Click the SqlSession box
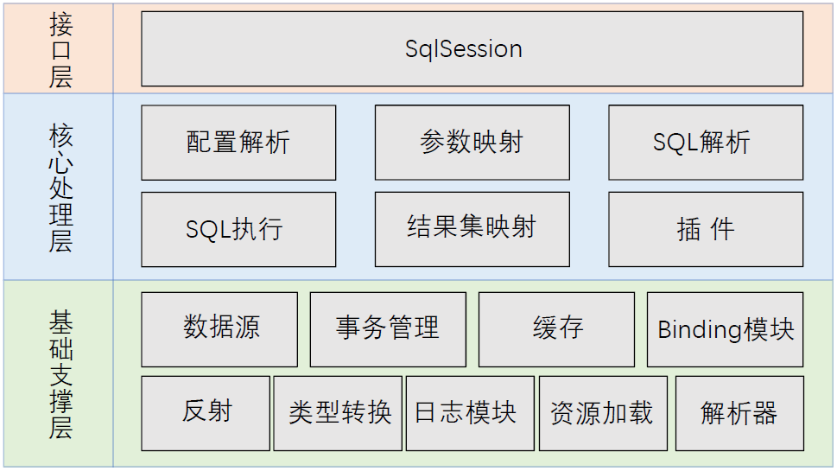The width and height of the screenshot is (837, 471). (x=472, y=48)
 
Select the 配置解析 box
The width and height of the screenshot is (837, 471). (x=238, y=143)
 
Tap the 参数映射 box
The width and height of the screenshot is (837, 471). (x=472, y=143)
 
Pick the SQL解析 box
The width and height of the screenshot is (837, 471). (x=706, y=143)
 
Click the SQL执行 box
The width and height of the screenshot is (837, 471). (x=238, y=229)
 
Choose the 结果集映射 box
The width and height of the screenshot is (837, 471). (x=472, y=229)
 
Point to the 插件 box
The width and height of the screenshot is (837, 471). (x=706, y=229)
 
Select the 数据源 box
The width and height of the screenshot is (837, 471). (x=219, y=329)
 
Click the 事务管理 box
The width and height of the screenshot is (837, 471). (x=388, y=329)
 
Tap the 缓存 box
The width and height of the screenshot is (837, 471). (x=556, y=329)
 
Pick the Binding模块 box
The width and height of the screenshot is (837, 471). (x=725, y=329)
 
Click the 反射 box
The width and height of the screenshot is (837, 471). (x=206, y=413)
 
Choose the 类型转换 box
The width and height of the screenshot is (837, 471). (x=338, y=413)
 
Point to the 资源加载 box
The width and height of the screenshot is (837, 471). (x=603, y=413)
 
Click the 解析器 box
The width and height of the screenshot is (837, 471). (x=739, y=413)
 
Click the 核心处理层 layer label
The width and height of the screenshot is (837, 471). (x=60, y=188)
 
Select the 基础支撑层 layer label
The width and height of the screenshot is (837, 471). (x=60, y=373)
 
